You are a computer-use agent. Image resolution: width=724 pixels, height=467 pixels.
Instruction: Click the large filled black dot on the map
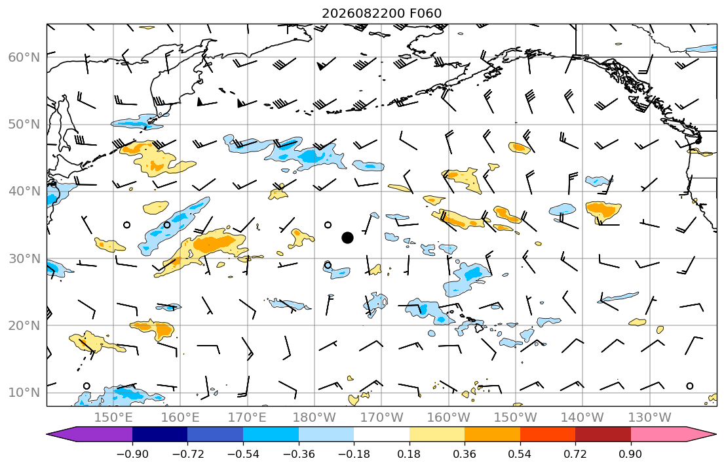(x=348, y=237)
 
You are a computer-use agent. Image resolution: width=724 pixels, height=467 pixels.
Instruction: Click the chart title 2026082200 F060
(x=382, y=13)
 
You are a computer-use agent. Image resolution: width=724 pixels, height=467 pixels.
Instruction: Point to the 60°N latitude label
(x=24, y=57)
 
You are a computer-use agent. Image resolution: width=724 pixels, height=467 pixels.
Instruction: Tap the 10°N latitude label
(x=24, y=393)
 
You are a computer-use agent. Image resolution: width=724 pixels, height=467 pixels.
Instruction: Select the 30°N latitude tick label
(x=24, y=258)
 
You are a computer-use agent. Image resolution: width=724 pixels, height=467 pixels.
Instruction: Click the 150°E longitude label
(x=113, y=418)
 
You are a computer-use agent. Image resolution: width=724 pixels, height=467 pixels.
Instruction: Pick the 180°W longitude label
(x=314, y=418)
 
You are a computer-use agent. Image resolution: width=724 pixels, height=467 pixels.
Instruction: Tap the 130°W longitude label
(x=650, y=418)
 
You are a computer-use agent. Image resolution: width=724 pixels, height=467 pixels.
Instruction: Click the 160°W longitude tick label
(x=449, y=418)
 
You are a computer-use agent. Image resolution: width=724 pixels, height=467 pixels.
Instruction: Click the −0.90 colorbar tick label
(x=132, y=454)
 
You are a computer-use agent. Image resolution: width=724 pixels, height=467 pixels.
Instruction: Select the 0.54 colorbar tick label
(x=520, y=454)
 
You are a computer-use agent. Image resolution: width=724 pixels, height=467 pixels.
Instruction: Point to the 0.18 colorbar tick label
(x=409, y=454)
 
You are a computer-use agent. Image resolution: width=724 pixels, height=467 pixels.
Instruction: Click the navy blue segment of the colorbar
(x=160, y=434)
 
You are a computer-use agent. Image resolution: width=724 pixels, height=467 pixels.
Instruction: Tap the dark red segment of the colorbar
(x=603, y=434)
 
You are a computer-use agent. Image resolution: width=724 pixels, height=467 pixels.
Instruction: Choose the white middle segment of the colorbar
(x=381, y=434)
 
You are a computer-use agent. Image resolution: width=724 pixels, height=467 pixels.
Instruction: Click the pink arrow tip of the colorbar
(x=702, y=434)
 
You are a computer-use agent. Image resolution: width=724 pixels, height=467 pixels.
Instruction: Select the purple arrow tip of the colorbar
(x=62, y=434)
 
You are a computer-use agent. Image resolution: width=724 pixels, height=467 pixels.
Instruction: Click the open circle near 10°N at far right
(x=690, y=386)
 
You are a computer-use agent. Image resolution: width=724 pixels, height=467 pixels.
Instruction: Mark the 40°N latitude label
(x=24, y=192)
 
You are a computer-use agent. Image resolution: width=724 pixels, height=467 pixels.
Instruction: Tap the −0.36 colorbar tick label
(x=299, y=454)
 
